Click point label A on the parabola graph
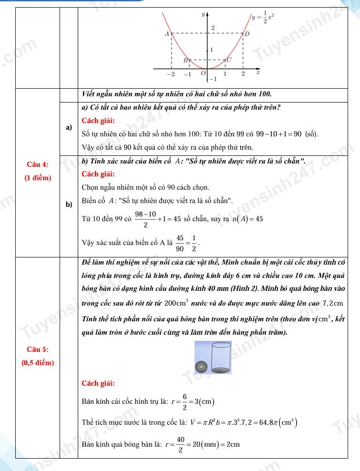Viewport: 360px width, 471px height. click(167, 34)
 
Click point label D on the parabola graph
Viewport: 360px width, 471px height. click(247, 34)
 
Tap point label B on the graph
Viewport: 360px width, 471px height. click(186, 61)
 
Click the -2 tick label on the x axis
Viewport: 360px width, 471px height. click(170, 74)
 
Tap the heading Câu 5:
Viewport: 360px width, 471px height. click(38, 349)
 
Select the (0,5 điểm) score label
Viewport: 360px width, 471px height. click(38, 363)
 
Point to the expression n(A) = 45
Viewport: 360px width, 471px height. click(247, 219)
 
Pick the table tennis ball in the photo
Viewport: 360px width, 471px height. click(202, 367)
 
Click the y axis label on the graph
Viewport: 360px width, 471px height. click(204, 15)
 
